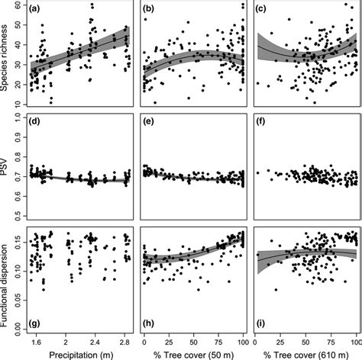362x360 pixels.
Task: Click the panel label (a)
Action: [35, 9]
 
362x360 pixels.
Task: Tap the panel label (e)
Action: [150, 121]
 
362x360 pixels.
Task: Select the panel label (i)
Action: [263, 330]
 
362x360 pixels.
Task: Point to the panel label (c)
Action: [263, 9]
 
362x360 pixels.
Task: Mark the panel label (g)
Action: [35, 330]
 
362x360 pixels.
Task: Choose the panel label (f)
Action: [263, 121]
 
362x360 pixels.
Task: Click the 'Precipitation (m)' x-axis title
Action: [79, 355]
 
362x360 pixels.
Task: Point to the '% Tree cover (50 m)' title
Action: [193, 355]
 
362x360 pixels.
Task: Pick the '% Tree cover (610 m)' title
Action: [307, 355]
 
